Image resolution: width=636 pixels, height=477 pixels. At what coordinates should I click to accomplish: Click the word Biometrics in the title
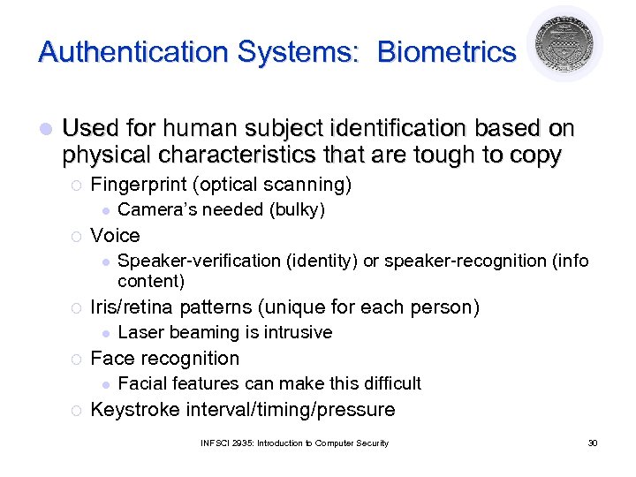pos(446,52)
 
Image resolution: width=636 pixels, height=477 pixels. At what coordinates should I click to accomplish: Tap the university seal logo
pos(564,43)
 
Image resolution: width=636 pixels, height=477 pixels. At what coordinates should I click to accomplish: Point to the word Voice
pos(116,236)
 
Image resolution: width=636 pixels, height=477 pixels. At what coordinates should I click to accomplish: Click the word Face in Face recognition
pos(110,359)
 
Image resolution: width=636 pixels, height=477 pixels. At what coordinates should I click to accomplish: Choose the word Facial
pos(142,384)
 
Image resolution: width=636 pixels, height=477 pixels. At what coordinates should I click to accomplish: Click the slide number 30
pos(593,443)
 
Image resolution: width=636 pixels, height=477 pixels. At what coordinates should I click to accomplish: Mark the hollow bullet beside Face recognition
pos(76,360)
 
